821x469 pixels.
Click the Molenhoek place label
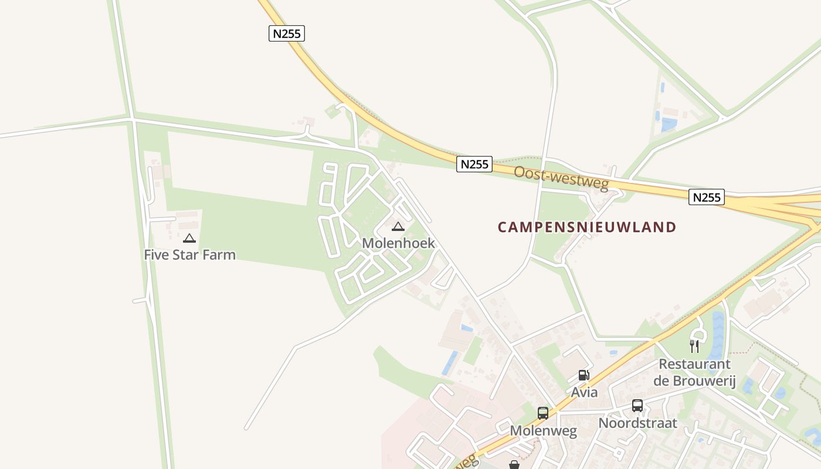398,243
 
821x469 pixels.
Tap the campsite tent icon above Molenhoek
398,226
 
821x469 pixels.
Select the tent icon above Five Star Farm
189,238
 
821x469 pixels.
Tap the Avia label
584,392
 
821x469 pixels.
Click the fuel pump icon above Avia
583,375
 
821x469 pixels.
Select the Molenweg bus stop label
543,431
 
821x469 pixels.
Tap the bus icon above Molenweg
543,413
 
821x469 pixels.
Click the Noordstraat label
637,423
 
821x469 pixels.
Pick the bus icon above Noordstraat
637,405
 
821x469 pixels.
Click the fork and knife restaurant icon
694,346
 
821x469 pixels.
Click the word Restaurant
694,365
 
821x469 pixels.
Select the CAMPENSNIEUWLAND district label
587,227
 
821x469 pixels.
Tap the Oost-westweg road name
561,178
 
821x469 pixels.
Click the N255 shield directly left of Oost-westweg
474,164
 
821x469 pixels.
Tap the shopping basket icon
514,465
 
